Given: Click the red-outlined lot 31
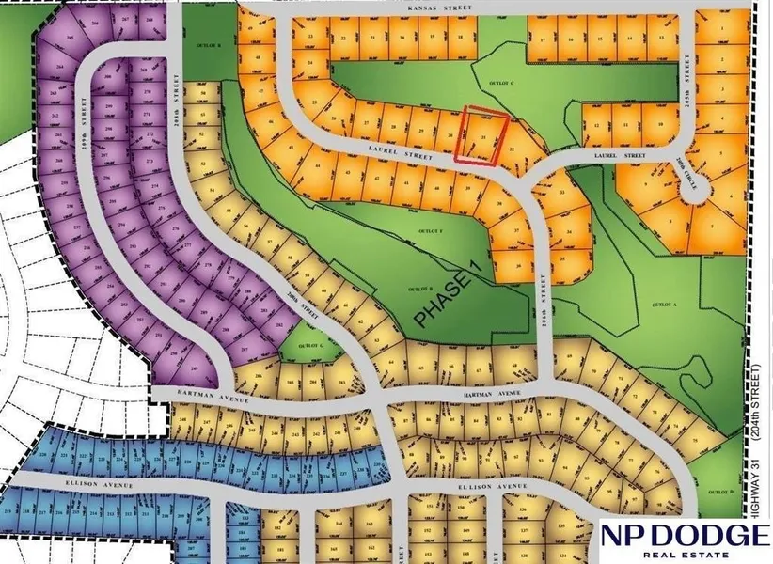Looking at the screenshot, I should (x=481, y=138).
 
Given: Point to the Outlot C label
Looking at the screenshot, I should (x=509, y=83).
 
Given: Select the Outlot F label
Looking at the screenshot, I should (x=430, y=228).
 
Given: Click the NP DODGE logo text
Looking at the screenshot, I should (x=683, y=537).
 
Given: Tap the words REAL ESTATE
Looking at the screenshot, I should (x=684, y=556).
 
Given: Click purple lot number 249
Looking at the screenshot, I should (x=195, y=369).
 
